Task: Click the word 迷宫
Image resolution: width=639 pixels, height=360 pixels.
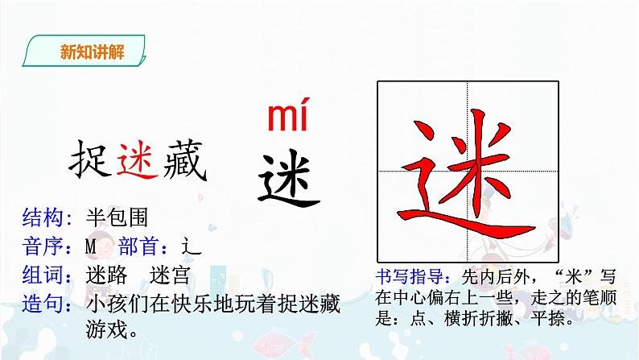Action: click(171, 277)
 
